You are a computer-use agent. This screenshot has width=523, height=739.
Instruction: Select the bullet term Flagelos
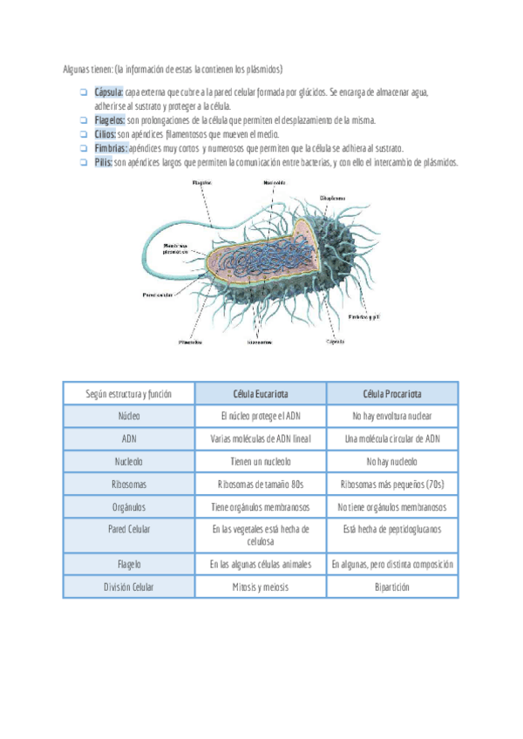click(110, 120)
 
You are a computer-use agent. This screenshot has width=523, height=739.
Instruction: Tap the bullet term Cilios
click(105, 134)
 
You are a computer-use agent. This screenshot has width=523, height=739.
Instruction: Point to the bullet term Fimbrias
click(111, 149)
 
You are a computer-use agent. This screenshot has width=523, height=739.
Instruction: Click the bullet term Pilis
click(103, 163)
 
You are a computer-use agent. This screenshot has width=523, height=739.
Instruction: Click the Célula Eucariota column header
click(261, 394)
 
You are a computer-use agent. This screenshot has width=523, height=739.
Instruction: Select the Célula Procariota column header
click(391, 394)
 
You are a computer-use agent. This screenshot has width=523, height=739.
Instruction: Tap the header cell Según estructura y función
click(129, 394)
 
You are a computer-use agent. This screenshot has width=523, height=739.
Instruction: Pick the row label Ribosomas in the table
click(129, 484)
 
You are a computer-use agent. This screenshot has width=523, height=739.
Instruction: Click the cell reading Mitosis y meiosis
click(261, 587)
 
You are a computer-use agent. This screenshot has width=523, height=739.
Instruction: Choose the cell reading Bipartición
click(391, 587)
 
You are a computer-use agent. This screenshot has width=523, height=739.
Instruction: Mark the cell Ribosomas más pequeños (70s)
click(391, 484)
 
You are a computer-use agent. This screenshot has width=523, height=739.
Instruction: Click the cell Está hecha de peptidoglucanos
click(391, 529)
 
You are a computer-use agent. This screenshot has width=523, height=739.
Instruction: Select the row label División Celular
click(129, 587)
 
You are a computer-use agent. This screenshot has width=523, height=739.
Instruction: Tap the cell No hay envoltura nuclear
click(391, 417)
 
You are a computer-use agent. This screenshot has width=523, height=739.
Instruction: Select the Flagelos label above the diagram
click(203, 184)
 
